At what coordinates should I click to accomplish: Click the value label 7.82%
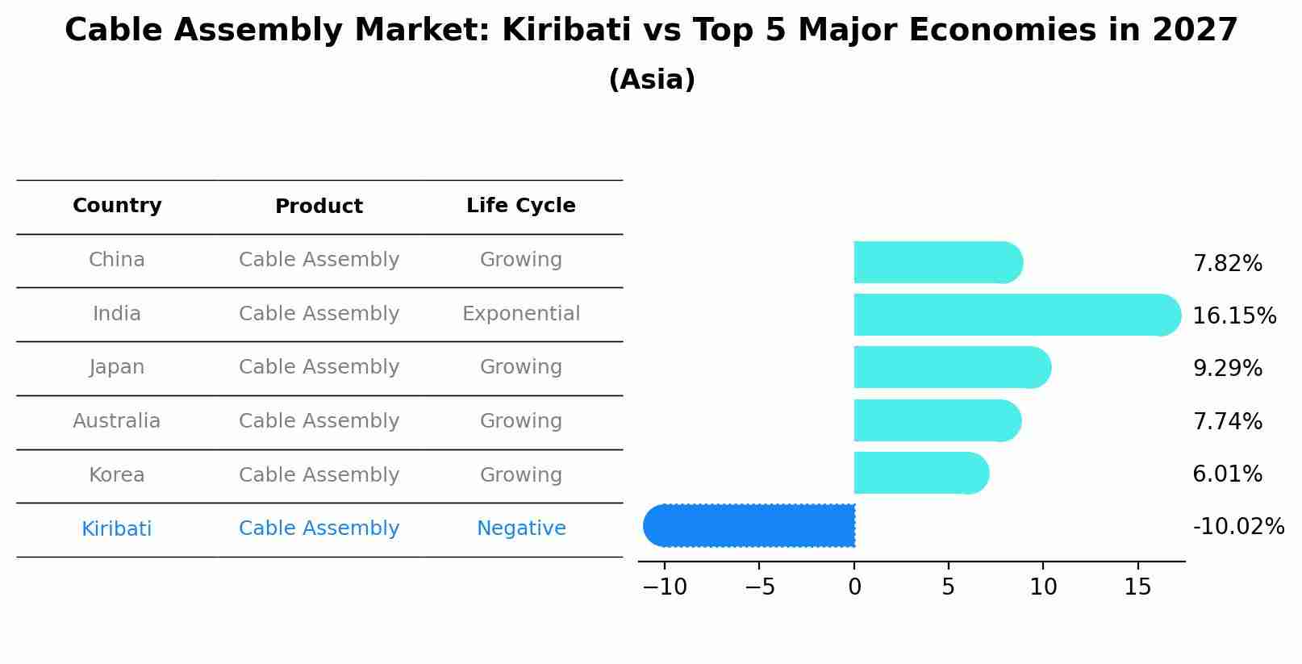coord(1227,264)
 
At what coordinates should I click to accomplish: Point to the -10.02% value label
coord(1237,527)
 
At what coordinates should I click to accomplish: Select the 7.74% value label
coord(1227,421)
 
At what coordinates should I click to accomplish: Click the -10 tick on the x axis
coord(665,587)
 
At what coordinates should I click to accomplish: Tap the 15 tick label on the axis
coord(1137,587)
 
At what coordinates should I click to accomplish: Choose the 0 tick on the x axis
coord(854,587)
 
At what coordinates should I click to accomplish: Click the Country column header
coord(117,206)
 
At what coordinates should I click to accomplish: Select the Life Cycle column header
coord(520,206)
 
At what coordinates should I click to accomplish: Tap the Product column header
coord(319,207)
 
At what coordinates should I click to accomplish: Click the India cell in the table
coord(117,314)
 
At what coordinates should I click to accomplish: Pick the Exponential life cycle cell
coord(520,314)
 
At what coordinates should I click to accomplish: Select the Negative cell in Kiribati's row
coord(520,528)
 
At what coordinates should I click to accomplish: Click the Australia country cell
coord(117,421)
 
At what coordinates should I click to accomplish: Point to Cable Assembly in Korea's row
coord(319,475)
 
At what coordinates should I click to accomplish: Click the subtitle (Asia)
coord(651,80)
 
